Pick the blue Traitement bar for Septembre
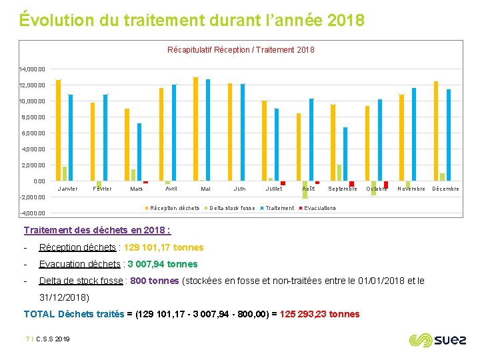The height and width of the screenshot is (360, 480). point(345,154)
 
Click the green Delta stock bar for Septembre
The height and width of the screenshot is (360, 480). point(339,173)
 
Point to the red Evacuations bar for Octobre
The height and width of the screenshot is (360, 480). point(386,185)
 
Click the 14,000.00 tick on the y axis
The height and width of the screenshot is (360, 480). point(33,69)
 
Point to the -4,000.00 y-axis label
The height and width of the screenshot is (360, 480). point(33,213)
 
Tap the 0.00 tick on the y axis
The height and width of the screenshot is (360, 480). point(39,181)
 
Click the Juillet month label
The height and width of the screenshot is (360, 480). point(273,189)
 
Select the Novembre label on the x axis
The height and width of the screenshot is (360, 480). point(411,189)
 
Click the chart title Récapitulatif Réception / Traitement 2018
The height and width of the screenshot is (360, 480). point(241,50)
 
